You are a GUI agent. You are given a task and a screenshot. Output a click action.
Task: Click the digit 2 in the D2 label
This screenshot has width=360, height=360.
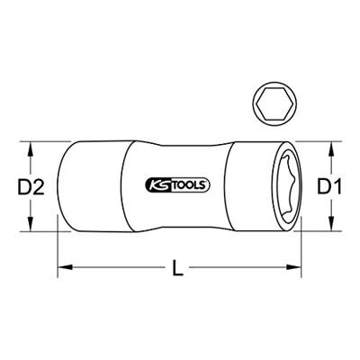37,186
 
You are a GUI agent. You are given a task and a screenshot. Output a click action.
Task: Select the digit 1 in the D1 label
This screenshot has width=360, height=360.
340,186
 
